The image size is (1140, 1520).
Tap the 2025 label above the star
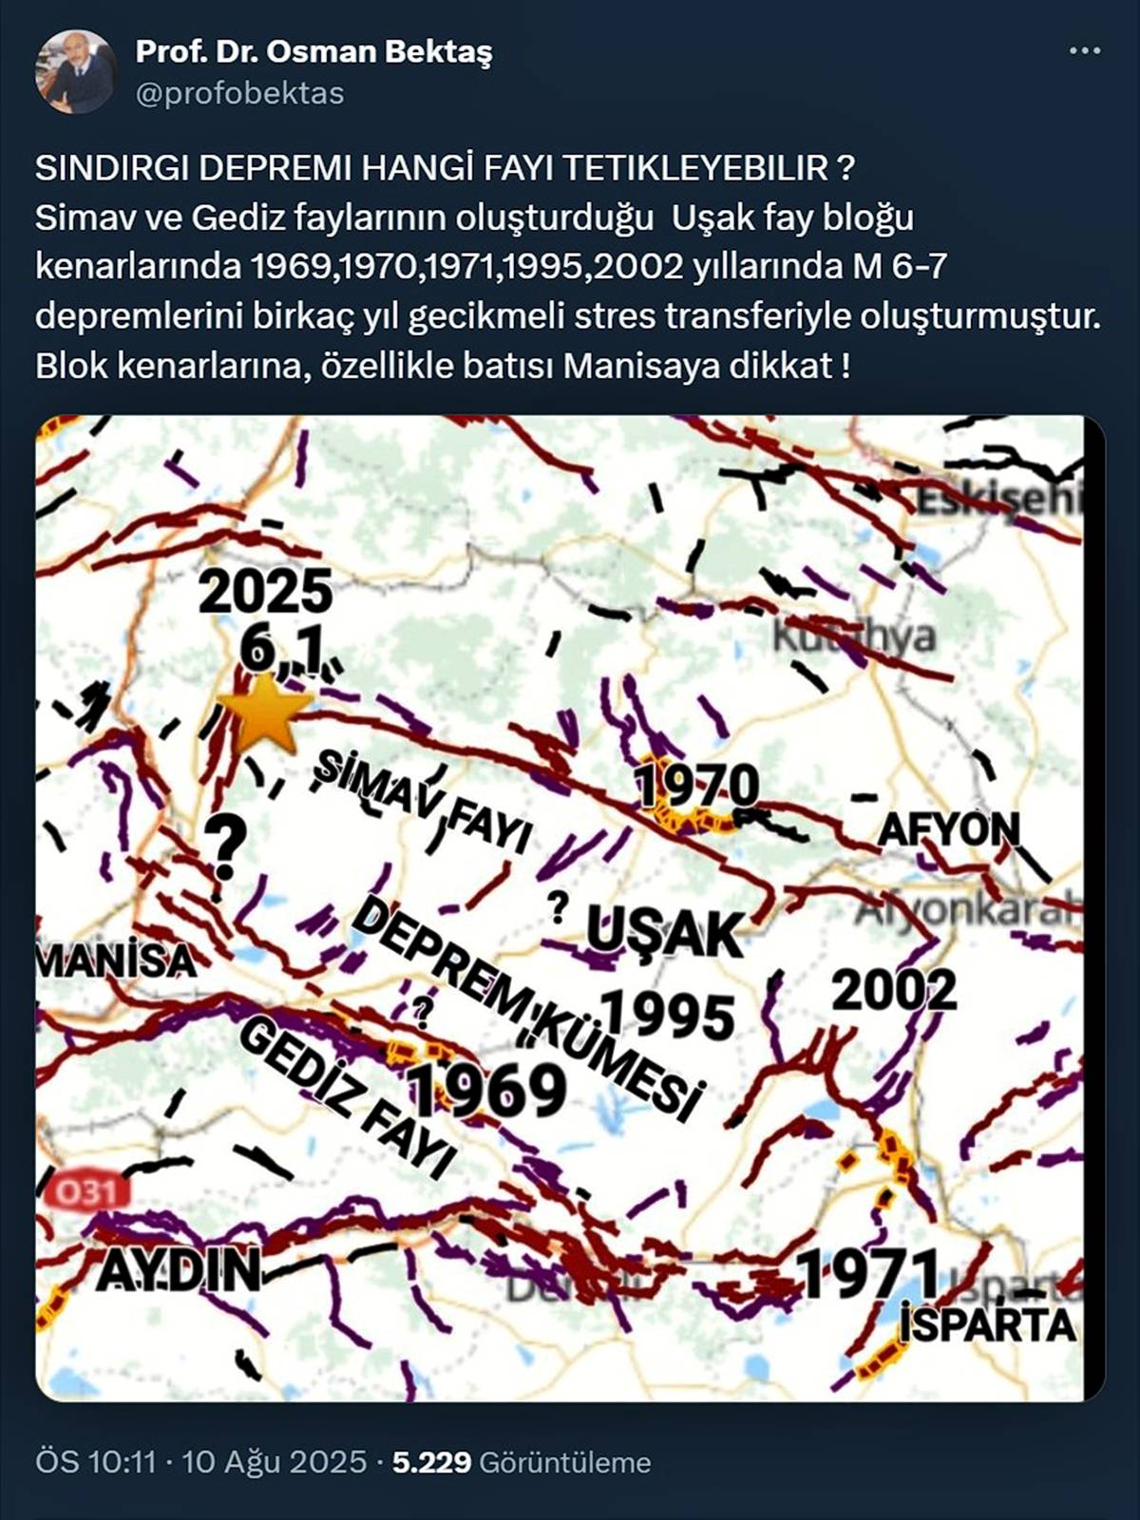pyautogui.click(x=265, y=592)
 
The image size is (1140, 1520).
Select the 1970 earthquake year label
pyautogui.click(x=697, y=786)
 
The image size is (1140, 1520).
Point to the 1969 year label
pyautogui.click(x=487, y=1090)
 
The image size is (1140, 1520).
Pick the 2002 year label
pyautogui.click(x=894, y=991)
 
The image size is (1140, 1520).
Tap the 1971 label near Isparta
pyautogui.click(x=867, y=1274)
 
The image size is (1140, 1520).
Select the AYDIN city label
pyautogui.click(x=178, y=1269)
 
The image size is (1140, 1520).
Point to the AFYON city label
pyautogui.click(x=948, y=829)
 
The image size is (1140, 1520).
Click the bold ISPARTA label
pyautogui.click(x=988, y=1324)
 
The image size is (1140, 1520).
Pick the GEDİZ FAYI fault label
pyautogui.click(x=347, y=1097)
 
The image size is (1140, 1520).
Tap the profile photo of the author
pyautogui.click(x=75, y=72)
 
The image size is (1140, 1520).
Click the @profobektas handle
pyautogui.click(x=239, y=93)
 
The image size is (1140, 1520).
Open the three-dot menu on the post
pyautogui.click(x=1085, y=51)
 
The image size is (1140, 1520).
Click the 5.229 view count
pyautogui.click(x=431, y=1461)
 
